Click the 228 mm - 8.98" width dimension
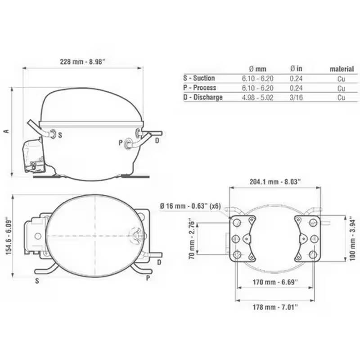click(x=82, y=62)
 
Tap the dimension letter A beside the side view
click(x=6, y=131)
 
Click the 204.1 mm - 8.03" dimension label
click(x=275, y=181)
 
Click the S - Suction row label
click(x=199, y=78)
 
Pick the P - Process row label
click(x=200, y=87)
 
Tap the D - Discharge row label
click(x=203, y=97)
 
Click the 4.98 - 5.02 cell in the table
click(x=257, y=97)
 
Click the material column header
click(x=342, y=69)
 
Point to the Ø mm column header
click(x=257, y=69)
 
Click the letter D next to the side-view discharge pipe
click(x=157, y=141)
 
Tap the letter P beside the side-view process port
click(x=121, y=143)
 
